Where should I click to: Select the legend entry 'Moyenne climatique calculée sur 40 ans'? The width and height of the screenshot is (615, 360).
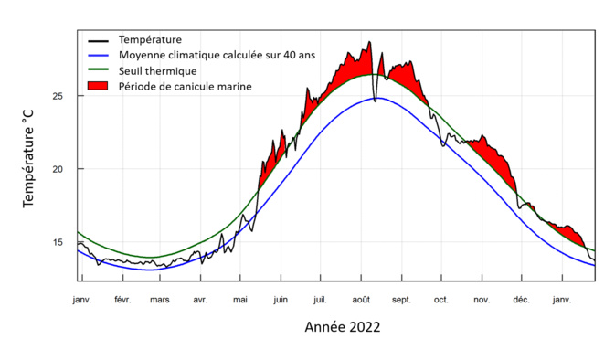click(217, 55)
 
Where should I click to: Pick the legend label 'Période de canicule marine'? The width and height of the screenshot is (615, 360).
click(186, 86)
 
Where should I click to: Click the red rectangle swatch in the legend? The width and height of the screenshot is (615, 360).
click(98, 86)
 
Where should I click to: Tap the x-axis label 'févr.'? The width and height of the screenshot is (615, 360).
click(122, 299)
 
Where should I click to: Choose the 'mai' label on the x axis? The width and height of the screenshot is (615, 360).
click(240, 299)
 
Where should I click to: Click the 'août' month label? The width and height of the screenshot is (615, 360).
click(361, 299)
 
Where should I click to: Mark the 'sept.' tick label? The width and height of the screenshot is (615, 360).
click(401, 299)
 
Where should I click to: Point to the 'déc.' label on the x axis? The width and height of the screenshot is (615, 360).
click(521, 299)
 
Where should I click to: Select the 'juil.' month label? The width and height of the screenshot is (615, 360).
click(321, 299)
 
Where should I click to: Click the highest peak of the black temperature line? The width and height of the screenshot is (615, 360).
click(370, 42)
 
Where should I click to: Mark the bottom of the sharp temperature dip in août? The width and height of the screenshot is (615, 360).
click(375, 101)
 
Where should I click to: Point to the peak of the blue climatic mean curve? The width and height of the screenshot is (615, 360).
click(376, 98)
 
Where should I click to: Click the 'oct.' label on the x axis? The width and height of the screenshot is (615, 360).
click(441, 299)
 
